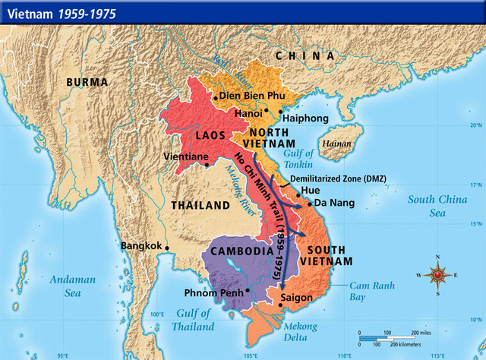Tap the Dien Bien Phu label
(x=253, y=96)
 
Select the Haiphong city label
(x=305, y=118)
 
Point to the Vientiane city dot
(x=207, y=166)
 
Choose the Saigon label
(x=295, y=297)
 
